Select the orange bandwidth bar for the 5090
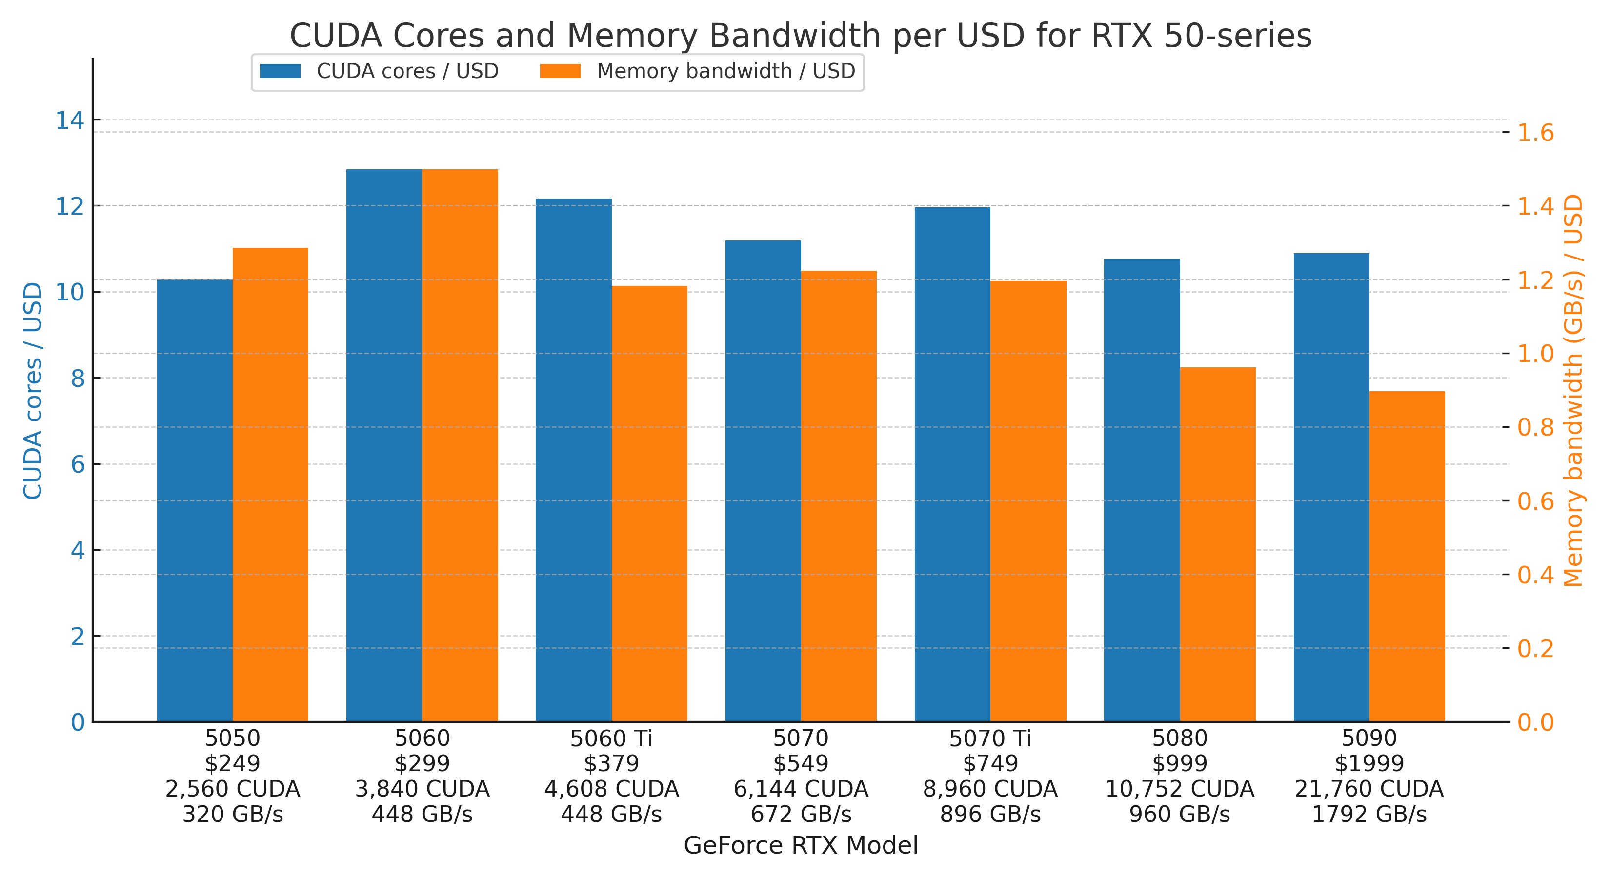tap(1407, 556)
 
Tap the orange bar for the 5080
tap(1217, 544)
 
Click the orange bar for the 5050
tap(270, 484)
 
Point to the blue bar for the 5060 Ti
tap(573, 460)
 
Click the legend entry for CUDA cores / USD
tap(407, 71)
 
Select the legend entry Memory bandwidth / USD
tap(725, 71)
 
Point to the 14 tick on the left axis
tap(70, 120)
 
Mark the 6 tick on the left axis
tap(78, 464)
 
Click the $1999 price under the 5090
tap(1369, 763)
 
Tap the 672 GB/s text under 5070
tap(801, 814)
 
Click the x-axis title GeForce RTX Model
tap(801, 845)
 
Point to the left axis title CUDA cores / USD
tap(33, 391)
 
